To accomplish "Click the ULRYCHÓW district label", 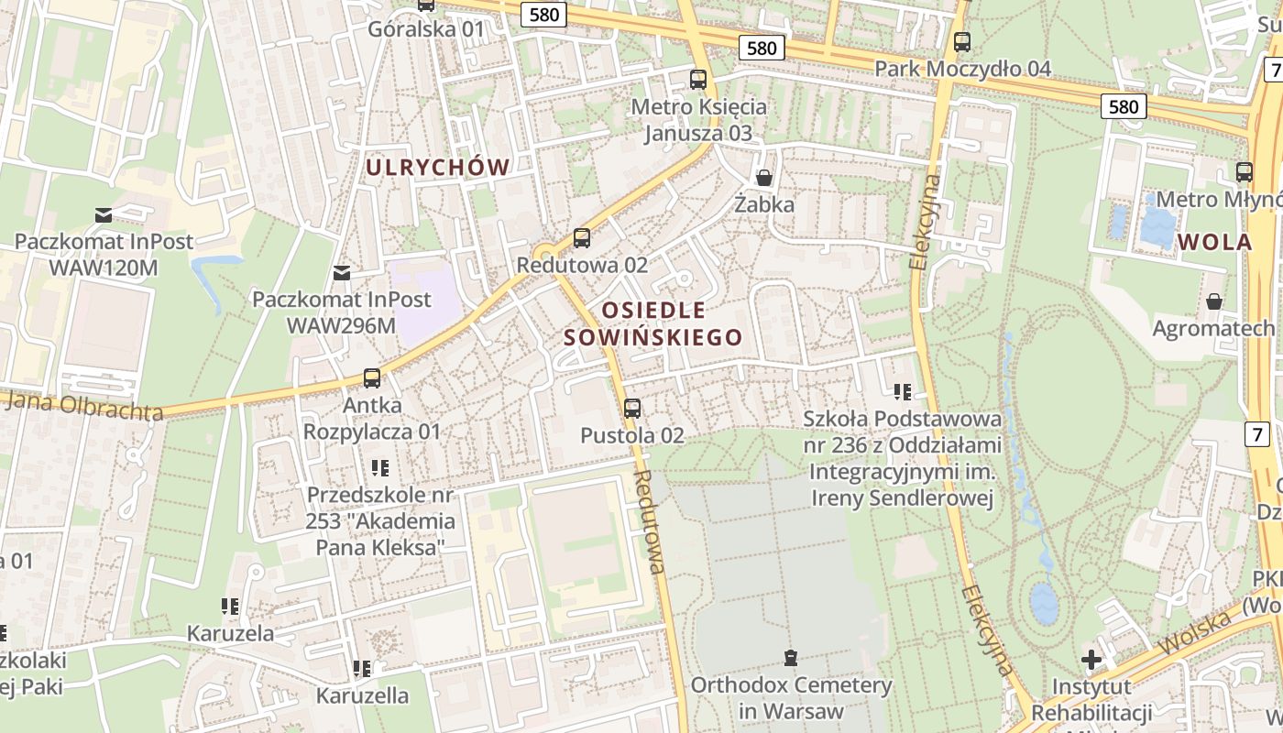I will point(437,168).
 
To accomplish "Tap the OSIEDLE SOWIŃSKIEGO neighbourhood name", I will point(652,323).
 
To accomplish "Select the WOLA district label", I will point(1215,243).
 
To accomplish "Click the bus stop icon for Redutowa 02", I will point(581,238).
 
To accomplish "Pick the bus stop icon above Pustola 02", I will point(631,408).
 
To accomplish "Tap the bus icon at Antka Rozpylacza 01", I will point(371,377).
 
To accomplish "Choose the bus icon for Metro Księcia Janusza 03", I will point(697,80).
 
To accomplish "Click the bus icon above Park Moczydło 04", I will point(961,41).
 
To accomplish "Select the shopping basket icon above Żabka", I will point(763,178).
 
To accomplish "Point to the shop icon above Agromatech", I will point(1214,301).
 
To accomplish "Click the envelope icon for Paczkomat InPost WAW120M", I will point(104,215).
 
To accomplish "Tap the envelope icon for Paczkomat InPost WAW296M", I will point(342,272).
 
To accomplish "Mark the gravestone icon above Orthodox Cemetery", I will point(790,657).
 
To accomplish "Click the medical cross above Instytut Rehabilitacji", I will point(1091,659).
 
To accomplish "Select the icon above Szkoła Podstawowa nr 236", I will point(903,392).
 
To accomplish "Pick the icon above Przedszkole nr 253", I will point(380,468).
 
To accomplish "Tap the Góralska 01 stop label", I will point(425,29).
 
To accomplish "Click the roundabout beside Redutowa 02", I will point(544,254).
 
